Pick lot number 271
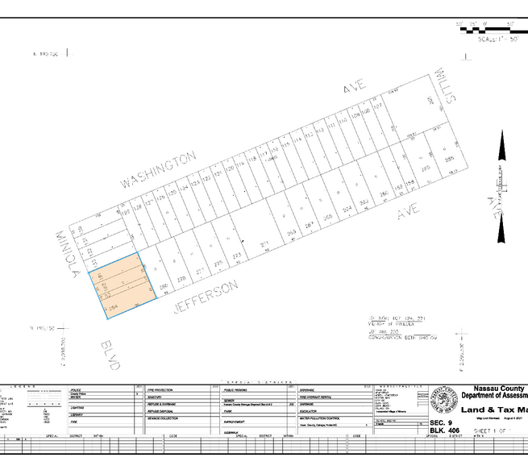263,243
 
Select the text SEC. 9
440,422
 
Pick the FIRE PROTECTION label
164,389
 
